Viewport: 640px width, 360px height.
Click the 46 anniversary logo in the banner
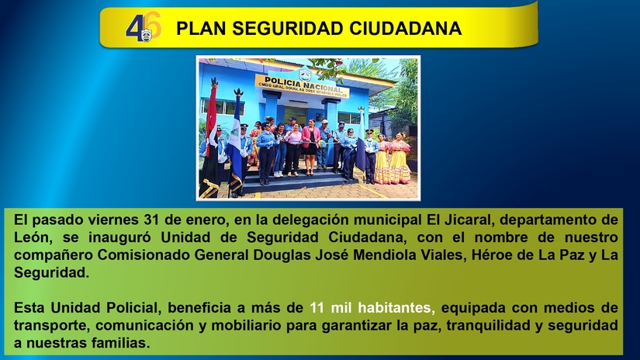click(144, 28)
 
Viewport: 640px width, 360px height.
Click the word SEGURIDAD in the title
click(269, 29)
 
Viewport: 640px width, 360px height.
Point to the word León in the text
click(32, 237)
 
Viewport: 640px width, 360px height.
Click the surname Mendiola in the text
click(401, 254)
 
